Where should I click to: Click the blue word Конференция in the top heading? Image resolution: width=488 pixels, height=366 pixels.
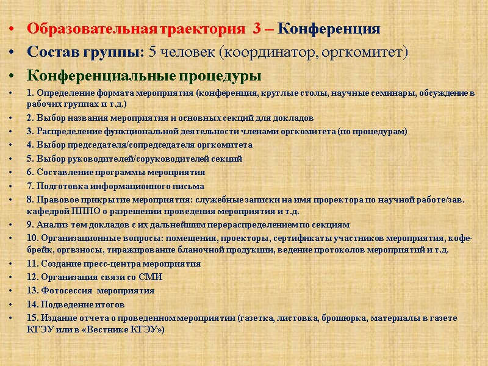[x=333, y=29]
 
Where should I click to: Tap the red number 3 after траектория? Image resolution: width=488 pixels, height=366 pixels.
[x=256, y=29]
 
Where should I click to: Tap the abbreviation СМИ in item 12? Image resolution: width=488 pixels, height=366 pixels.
[x=151, y=277]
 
